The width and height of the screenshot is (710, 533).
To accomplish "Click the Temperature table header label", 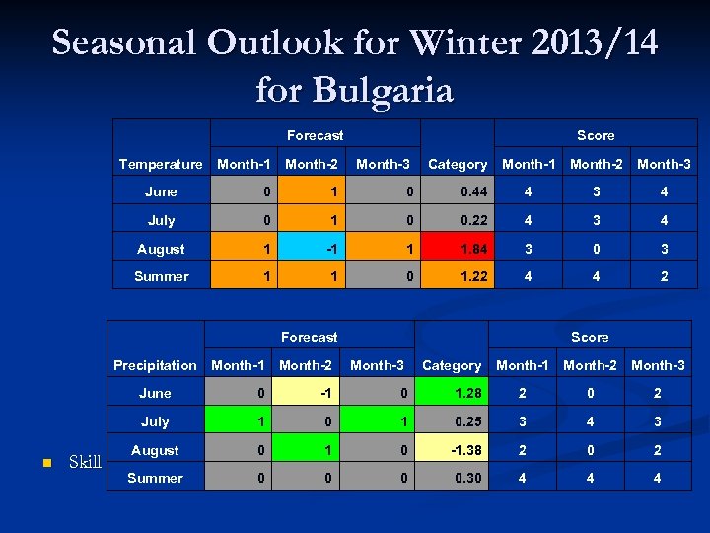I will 161,164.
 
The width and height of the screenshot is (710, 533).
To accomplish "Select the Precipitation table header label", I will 155,365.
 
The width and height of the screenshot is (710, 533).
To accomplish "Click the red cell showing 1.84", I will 458,249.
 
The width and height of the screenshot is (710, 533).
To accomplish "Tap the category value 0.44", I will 458,192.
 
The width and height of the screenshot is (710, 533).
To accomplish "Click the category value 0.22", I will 458,221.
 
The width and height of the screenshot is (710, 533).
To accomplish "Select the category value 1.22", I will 458,277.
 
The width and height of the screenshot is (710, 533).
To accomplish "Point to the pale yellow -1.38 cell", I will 452,450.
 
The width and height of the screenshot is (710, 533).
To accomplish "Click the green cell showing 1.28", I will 452,394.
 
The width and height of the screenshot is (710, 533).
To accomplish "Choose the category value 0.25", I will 452,422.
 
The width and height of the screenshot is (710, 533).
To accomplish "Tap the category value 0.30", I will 452,479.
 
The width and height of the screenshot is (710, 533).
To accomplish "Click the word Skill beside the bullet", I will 85,462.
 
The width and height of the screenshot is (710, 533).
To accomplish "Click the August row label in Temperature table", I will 161,249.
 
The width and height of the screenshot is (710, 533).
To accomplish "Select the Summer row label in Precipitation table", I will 155,479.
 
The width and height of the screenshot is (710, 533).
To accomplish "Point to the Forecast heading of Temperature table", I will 315,135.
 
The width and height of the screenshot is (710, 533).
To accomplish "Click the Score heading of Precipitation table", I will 590,337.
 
